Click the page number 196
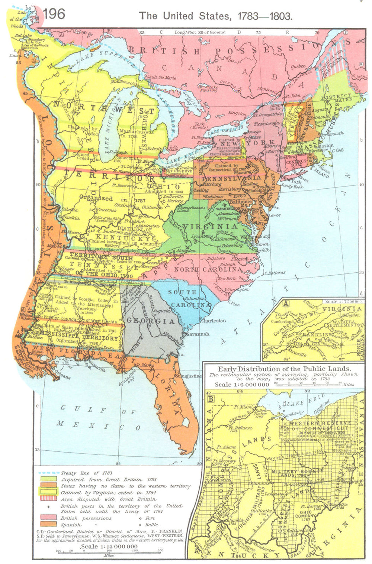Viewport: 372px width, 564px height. click(54, 14)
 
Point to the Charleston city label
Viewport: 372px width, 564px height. click(213, 320)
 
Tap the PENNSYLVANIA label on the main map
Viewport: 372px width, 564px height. click(231, 178)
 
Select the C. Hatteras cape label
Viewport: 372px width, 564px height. click(275, 273)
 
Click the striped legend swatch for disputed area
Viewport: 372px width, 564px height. click(48, 499)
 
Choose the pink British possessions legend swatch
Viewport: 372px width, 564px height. click(48, 518)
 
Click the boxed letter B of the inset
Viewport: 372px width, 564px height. click(211, 399)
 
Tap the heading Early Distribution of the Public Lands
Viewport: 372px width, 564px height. click(285, 369)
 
